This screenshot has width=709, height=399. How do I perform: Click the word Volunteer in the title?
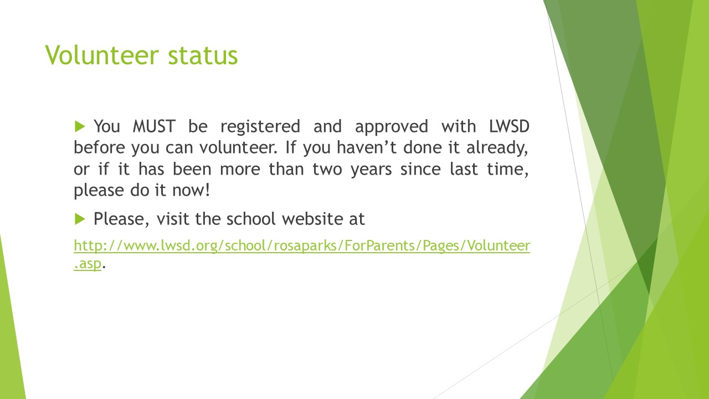101,55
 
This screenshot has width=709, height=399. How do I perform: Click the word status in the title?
203,55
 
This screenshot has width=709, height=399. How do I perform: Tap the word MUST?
154,126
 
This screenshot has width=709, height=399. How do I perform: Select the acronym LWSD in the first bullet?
509,126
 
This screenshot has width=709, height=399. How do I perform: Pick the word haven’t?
367,147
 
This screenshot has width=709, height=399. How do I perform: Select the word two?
327,170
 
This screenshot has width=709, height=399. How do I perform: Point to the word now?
191,191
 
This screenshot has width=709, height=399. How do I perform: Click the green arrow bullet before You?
80,126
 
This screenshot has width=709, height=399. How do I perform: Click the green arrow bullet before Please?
80,219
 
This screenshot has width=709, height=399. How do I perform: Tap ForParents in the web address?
379,245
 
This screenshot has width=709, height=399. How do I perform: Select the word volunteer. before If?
238,147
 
